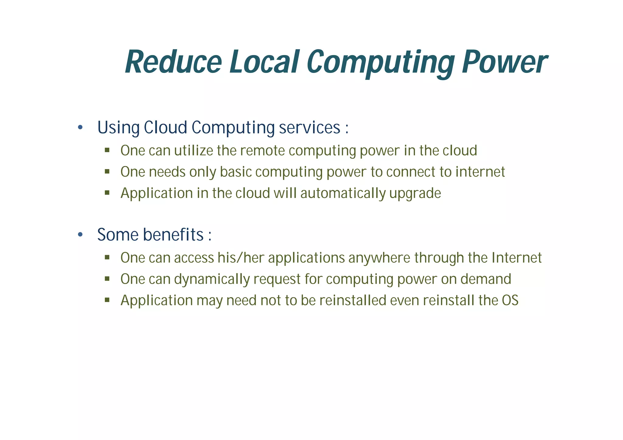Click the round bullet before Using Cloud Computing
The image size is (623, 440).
[80, 127]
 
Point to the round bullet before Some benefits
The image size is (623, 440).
[80, 235]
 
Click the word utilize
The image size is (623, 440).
[193, 151]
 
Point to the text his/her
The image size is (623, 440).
[241, 258]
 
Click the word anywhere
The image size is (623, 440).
[379, 258]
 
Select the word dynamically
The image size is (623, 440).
[212, 279]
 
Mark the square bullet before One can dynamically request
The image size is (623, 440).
[107, 279]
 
